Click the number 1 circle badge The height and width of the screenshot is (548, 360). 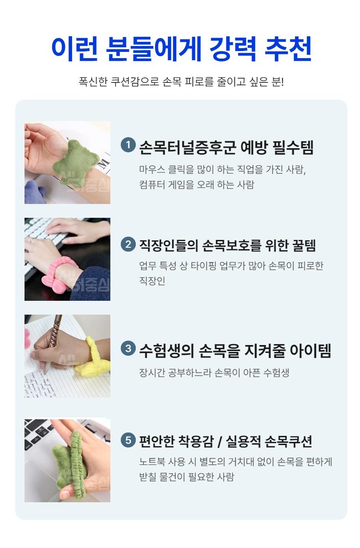click(128, 145)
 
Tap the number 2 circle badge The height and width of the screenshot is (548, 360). click(128, 244)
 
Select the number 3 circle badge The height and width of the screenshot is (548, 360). click(128, 348)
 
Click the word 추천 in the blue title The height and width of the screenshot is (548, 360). click(288, 49)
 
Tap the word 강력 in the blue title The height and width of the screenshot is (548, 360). click(233, 49)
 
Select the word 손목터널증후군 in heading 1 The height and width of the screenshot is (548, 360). click(188, 147)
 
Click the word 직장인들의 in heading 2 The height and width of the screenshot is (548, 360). click(169, 246)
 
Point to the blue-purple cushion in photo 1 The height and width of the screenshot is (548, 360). click(36, 192)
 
